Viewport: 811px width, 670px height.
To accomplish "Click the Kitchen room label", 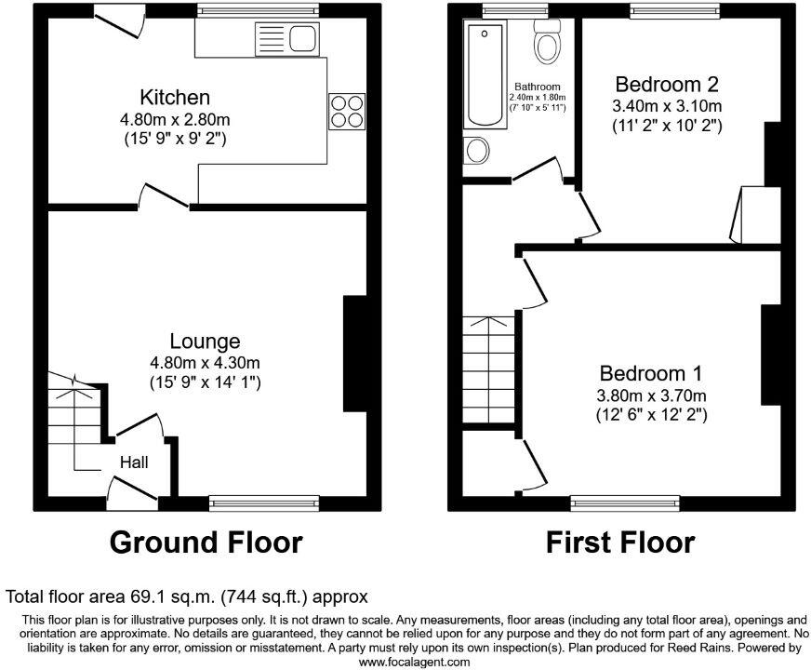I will coord(175,97).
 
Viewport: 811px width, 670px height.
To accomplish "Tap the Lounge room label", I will coord(205,342).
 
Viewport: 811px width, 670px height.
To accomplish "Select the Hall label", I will coord(133,462).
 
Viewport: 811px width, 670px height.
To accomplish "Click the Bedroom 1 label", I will coord(650,373).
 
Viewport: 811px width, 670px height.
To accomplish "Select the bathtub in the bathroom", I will coord(484,74).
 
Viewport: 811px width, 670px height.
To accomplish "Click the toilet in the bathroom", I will coord(546,42).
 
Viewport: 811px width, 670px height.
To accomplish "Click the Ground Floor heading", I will coord(206,542).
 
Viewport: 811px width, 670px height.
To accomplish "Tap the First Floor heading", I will coord(619,542).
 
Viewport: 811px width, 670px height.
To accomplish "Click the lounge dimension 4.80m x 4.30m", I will coord(205,362).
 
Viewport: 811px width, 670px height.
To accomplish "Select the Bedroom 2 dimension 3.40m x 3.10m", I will coord(667,105).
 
